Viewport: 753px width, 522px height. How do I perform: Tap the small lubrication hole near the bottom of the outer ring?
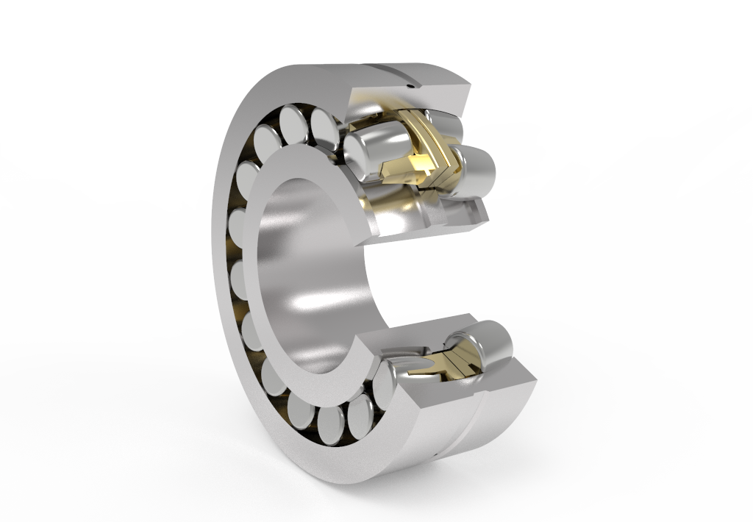[435, 457]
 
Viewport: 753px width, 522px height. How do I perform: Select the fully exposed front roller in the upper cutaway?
[371, 149]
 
